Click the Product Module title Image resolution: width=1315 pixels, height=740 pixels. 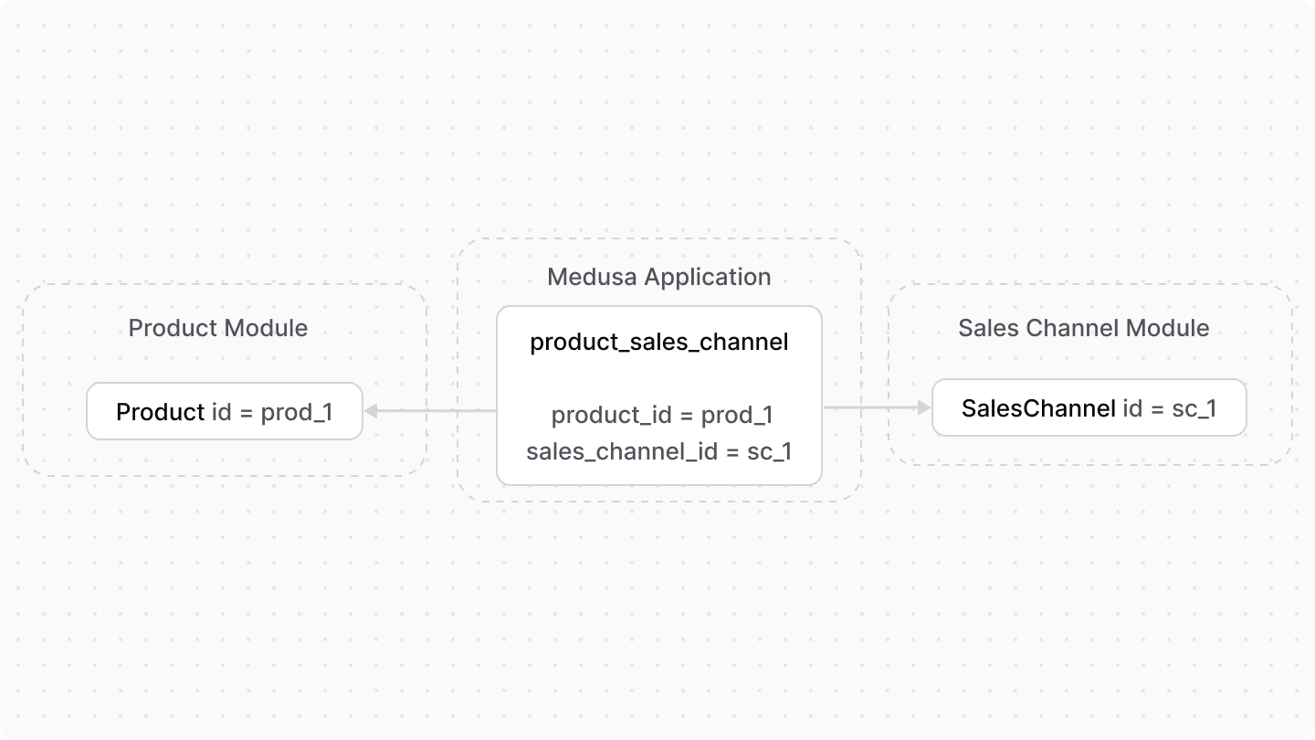click(218, 328)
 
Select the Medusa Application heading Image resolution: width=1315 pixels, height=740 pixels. click(658, 277)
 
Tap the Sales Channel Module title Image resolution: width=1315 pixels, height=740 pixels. click(1083, 328)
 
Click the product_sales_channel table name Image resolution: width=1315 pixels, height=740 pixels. click(658, 343)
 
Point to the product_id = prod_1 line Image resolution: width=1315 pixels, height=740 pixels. click(662, 416)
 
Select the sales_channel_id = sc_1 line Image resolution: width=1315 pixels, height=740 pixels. click(658, 451)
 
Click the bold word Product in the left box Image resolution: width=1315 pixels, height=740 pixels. click(161, 412)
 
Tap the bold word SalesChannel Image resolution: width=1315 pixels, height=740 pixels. click(1038, 408)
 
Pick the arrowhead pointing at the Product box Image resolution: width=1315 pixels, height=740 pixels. click(372, 411)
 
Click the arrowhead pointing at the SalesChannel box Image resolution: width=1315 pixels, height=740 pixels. click(923, 407)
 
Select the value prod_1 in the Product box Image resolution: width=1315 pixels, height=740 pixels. click(297, 412)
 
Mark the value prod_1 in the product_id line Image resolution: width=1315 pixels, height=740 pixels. click(737, 416)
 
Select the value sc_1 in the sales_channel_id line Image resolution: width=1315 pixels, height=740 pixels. click(769, 451)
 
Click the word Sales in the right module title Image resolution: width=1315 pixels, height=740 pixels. click(984, 328)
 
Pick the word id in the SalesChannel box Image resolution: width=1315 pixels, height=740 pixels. click(1132, 408)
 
